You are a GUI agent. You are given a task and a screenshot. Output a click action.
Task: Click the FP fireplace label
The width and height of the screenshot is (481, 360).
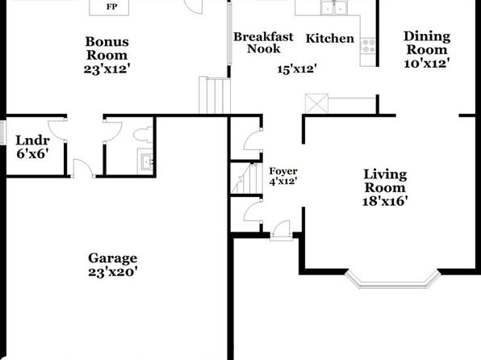(x=111, y=6)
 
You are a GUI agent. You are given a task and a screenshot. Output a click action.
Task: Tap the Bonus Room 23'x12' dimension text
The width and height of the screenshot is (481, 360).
(x=105, y=69)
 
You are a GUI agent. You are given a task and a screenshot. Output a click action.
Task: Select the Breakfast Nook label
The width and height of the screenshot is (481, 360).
(x=263, y=43)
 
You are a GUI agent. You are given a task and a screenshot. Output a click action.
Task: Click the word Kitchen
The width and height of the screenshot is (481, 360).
(x=330, y=39)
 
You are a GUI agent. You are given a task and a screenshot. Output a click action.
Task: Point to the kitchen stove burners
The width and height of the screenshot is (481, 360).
(x=367, y=46)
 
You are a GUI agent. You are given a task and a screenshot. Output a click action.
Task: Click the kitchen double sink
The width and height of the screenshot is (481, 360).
(x=333, y=8)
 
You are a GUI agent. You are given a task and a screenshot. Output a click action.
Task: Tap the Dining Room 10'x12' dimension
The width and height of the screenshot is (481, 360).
(x=427, y=64)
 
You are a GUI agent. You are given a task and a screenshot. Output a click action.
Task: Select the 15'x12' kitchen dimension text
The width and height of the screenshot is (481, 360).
(x=297, y=69)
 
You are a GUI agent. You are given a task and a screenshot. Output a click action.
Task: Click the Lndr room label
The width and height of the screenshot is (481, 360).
(x=32, y=140)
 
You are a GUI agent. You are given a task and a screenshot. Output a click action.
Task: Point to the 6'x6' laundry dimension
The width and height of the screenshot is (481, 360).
(x=32, y=153)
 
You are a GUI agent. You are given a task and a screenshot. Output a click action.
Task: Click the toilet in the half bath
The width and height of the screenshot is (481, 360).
(x=143, y=135)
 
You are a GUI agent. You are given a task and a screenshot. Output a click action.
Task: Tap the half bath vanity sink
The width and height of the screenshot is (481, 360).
(x=145, y=161)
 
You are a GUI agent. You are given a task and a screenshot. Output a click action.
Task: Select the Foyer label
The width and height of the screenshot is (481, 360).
(x=283, y=170)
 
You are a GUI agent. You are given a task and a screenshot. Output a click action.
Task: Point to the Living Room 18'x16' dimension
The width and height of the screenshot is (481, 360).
(x=385, y=201)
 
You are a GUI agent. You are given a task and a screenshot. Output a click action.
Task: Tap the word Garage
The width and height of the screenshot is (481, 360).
(x=112, y=258)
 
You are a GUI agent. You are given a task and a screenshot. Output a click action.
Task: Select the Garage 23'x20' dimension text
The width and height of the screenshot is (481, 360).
(x=112, y=272)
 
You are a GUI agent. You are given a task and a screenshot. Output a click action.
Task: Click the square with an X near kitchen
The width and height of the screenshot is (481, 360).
(x=316, y=104)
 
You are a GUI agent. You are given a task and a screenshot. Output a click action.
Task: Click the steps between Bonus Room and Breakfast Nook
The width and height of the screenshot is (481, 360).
(x=215, y=95)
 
